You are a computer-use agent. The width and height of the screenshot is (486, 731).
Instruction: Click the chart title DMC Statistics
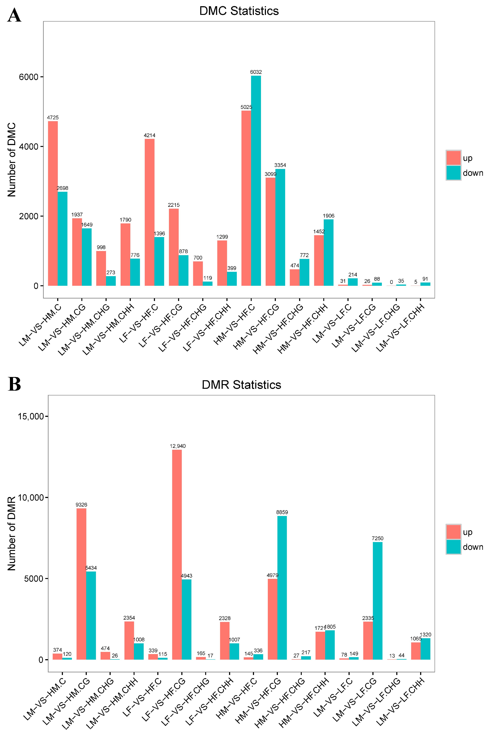point(239,11)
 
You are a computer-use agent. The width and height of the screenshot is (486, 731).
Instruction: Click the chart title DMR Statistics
point(241,385)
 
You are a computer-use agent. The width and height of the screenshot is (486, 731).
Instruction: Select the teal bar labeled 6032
point(256,181)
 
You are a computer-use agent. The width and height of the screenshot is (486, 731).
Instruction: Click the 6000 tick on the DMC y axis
point(29,77)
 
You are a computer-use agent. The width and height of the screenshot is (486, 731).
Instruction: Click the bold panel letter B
point(14,384)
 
